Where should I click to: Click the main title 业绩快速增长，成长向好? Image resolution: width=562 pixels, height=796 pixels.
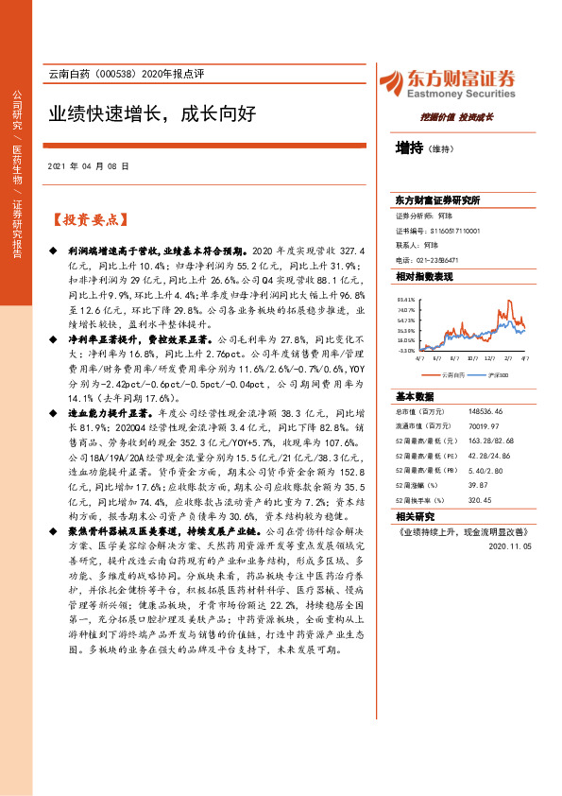click(x=152, y=114)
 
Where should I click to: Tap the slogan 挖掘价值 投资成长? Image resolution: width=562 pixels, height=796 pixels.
click(x=455, y=116)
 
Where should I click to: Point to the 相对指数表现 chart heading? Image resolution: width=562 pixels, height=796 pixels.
click(x=424, y=276)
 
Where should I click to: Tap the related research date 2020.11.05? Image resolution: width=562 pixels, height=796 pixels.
click(x=512, y=545)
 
